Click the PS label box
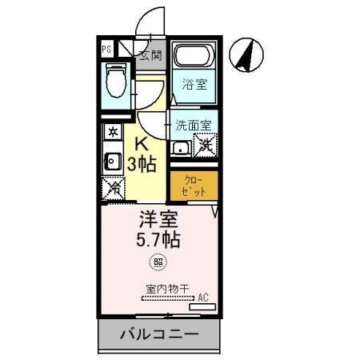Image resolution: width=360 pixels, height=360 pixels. point(106,50)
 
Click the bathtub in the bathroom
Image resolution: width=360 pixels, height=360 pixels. point(194,58)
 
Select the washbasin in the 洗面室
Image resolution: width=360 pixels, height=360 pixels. point(180,146)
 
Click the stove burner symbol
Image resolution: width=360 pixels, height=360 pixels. point(112,130)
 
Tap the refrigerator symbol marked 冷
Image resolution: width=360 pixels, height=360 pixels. point(113,188)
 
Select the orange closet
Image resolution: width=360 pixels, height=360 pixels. point(193,186)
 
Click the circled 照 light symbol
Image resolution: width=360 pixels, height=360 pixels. point(158,262)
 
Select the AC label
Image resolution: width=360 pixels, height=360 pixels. point(202,298)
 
